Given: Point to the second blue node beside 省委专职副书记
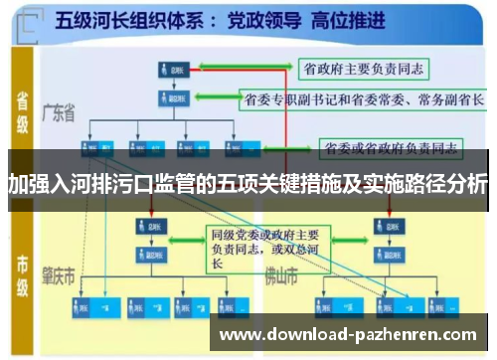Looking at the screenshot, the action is tap(170, 98).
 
